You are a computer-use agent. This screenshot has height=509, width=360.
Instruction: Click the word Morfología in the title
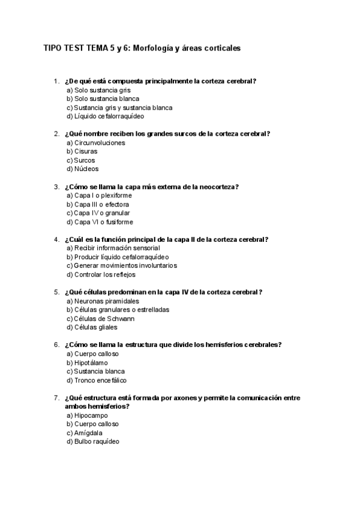153,49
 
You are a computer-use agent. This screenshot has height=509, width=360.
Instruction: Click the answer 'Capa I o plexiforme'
99,196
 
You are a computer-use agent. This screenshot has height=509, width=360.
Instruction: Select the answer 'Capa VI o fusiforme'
99,222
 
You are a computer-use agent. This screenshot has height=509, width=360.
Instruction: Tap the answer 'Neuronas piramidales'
103,301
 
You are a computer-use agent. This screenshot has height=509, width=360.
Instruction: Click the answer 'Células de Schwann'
100,319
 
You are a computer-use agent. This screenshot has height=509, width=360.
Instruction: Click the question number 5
56,292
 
